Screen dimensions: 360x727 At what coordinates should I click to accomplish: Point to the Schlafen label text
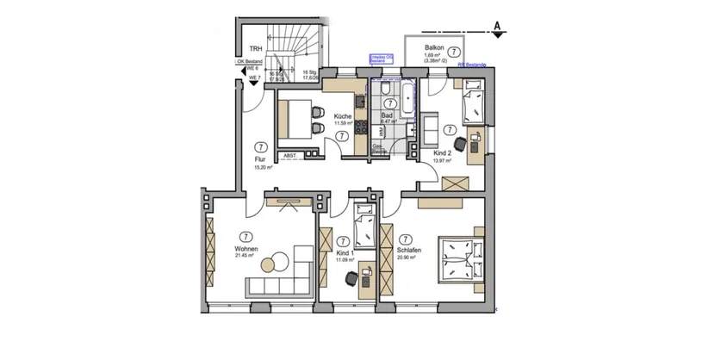(409, 249)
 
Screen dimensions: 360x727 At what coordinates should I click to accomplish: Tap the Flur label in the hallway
(258, 159)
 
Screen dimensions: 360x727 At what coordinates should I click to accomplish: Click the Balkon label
(434, 48)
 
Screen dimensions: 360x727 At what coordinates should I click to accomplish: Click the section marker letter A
(497, 27)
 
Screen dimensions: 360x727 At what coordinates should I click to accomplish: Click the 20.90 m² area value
(409, 257)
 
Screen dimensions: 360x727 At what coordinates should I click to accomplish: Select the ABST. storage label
(289, 156)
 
